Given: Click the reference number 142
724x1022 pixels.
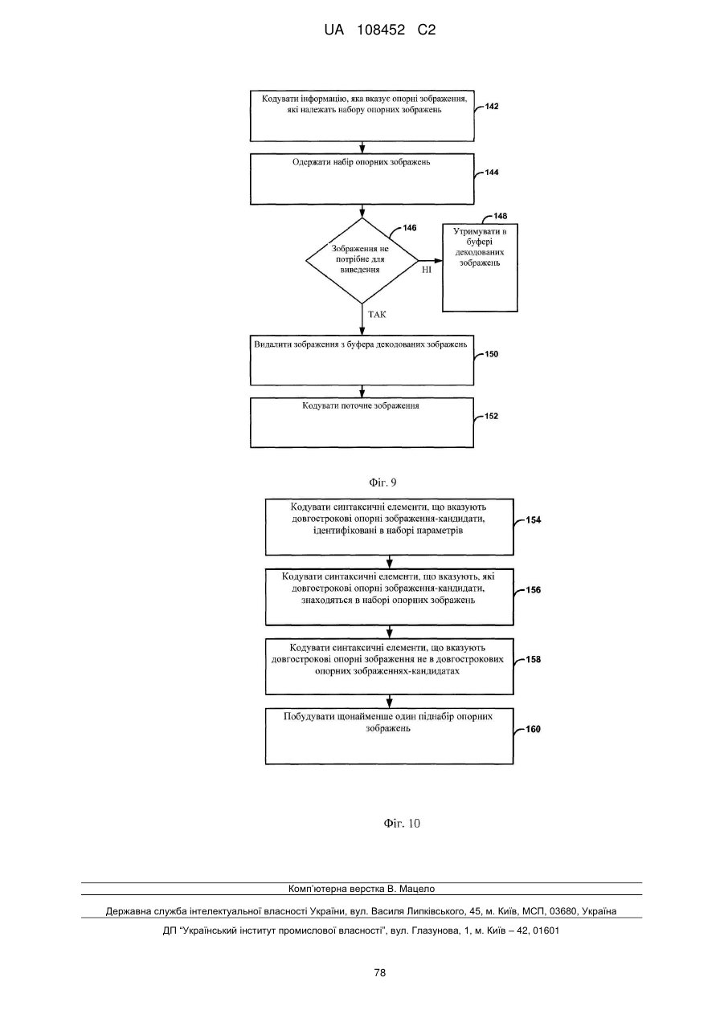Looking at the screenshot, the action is pos(492,106).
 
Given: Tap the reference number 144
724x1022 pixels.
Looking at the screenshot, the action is pos(492,173).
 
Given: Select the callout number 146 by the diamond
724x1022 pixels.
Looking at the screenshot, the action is pos(409,228).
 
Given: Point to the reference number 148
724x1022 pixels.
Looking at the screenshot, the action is pos(500,216).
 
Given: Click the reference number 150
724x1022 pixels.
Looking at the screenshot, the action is pos(492,354).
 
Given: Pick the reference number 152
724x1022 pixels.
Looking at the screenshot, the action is pos(492,416).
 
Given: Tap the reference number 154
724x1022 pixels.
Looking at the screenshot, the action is pos(533,520).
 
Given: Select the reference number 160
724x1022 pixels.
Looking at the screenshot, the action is pos(533,729).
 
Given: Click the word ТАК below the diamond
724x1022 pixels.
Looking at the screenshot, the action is pos(377,315).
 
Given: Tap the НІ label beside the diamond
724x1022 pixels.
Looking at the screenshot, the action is pos(427,270).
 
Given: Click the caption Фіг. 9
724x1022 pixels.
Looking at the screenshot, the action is pos(382,482).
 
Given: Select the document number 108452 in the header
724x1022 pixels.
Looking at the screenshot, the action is pos(381,31).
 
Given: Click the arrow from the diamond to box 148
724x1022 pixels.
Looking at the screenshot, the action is pos(430,261).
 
